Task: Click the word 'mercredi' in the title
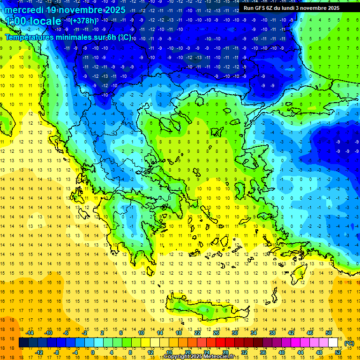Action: click(24, 10)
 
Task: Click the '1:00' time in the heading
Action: click(16, 21)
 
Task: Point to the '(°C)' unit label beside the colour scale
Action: click(349, 343)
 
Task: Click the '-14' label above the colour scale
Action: click(30, 333)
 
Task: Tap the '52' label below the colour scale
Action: click(338, 352)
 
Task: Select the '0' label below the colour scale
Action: click(93, 352)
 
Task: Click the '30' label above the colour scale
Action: click(234, 333)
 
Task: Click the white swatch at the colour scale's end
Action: click(333, 343)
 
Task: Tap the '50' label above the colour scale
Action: click(328, 333)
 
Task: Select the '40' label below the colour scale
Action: click(281, 352)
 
